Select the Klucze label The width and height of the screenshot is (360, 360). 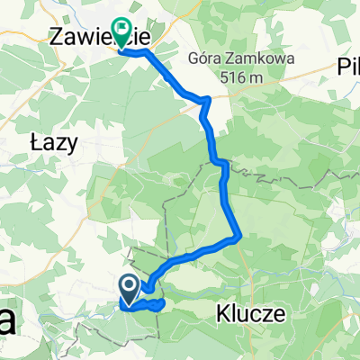251,314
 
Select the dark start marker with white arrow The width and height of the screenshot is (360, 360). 128,289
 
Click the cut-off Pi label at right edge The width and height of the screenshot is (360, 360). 348,64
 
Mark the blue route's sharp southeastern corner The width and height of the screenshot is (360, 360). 239,238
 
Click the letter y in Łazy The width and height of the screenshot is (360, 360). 72,143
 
